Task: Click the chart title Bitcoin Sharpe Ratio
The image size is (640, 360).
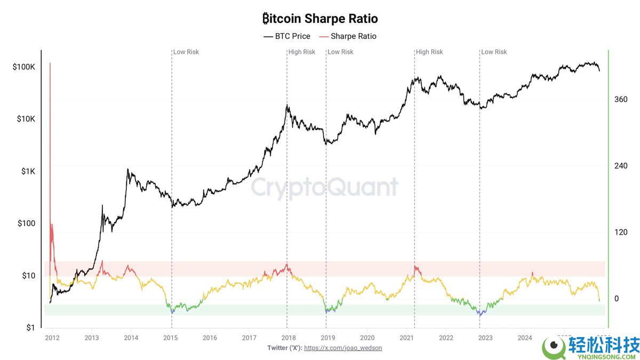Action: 320,19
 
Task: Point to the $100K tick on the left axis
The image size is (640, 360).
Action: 24,68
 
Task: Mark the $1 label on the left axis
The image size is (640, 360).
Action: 30,328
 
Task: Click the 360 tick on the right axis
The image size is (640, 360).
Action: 620,99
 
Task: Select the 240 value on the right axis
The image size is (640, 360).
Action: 620,166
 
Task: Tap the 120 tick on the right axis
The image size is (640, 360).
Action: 620,232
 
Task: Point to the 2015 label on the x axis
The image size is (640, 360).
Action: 170,338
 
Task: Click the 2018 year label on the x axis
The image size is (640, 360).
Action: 289,338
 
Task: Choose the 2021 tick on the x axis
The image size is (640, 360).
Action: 406,338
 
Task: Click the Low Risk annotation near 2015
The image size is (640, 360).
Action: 186,52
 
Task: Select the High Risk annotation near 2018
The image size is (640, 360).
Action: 302,52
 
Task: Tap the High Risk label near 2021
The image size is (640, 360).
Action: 430,52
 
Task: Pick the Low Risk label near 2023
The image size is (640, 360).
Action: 494,52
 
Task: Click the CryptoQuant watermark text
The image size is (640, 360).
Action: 324,188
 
